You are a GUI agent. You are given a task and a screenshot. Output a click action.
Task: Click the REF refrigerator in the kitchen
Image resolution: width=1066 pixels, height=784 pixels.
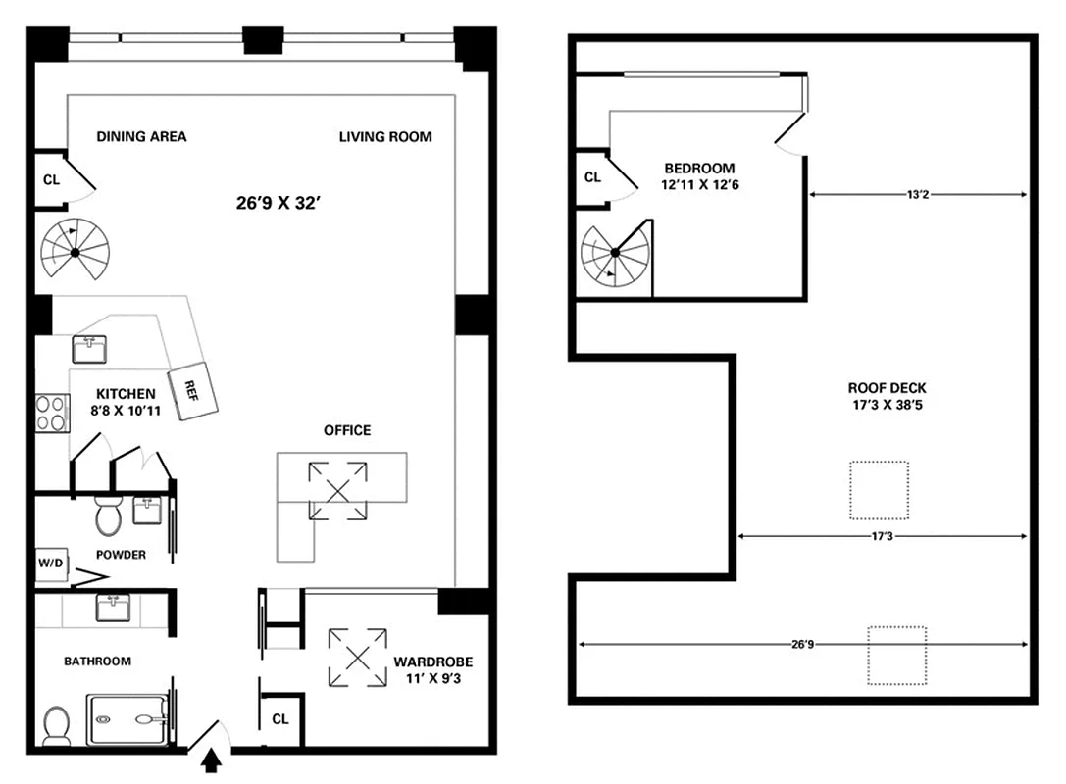192,393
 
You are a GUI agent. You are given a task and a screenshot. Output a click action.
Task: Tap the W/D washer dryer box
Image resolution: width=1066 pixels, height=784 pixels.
49,563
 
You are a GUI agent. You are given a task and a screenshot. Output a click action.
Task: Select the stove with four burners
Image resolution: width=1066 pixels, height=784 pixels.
50,413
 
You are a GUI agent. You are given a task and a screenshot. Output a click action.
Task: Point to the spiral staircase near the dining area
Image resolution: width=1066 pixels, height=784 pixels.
76,252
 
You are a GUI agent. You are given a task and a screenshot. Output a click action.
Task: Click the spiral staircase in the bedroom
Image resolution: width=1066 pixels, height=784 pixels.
615,254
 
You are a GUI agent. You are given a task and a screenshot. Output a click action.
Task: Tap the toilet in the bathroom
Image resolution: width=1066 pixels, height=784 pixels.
57,725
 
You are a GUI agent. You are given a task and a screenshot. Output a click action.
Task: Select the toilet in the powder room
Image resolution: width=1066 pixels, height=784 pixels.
107,513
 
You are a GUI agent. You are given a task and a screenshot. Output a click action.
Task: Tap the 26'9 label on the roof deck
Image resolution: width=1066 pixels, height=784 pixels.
802,644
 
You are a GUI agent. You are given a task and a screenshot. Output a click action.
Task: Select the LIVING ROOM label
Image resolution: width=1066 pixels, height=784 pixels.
385,137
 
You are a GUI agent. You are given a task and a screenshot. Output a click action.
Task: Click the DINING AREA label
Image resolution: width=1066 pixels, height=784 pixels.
141,137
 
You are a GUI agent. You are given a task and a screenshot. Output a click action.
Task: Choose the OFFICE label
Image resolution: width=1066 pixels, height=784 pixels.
347,430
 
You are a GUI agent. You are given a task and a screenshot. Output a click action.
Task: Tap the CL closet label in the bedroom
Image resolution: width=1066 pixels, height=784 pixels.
592,177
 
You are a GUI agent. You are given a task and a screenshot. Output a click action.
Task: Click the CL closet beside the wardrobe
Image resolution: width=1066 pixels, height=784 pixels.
280,718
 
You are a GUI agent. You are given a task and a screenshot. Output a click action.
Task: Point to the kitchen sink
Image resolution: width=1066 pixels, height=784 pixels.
89,348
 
